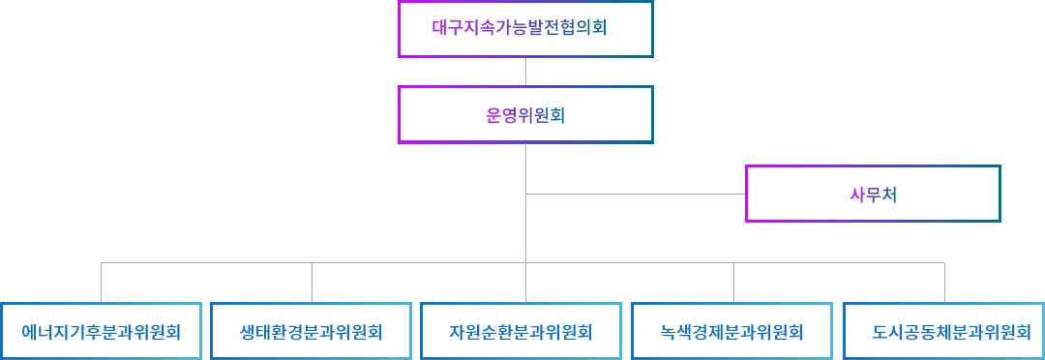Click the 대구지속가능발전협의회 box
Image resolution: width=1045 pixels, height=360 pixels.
[x=525, y=29]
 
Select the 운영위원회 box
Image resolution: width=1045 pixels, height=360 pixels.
[x=525, y=115]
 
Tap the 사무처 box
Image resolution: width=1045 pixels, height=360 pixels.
[x=873, y=194]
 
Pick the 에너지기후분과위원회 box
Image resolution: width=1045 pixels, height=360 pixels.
[x=102, y=332]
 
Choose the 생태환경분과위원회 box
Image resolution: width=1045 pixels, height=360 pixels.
[x=312, y=332]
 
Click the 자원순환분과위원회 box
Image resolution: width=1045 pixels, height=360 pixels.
[x=521, y=332]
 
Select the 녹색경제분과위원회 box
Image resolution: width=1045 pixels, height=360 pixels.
[x=732, y=332]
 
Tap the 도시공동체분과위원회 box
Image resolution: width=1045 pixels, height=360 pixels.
[x=944, y=332]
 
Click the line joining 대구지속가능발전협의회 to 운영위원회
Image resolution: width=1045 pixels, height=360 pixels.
[x=525, y=72]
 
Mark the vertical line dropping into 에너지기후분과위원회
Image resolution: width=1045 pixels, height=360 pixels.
[x=102, y=283]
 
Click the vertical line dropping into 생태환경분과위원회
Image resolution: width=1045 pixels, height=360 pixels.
[x=312, y=283]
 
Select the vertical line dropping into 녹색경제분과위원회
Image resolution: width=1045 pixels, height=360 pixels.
[x=733, y=283]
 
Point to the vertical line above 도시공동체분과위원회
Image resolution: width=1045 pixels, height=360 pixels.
[x=944, y=283]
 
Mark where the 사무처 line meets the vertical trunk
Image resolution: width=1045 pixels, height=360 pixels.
[x=525, y=194]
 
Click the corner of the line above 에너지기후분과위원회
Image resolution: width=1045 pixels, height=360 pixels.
[x=102, y=262]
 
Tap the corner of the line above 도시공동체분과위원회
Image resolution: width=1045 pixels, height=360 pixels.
[x=944, y=262]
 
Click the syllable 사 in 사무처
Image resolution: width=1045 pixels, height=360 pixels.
[x=856, y=194]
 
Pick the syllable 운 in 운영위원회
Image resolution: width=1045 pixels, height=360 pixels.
[x=493, y=115]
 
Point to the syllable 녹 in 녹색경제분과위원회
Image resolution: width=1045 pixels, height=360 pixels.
[x=669, y=333]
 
